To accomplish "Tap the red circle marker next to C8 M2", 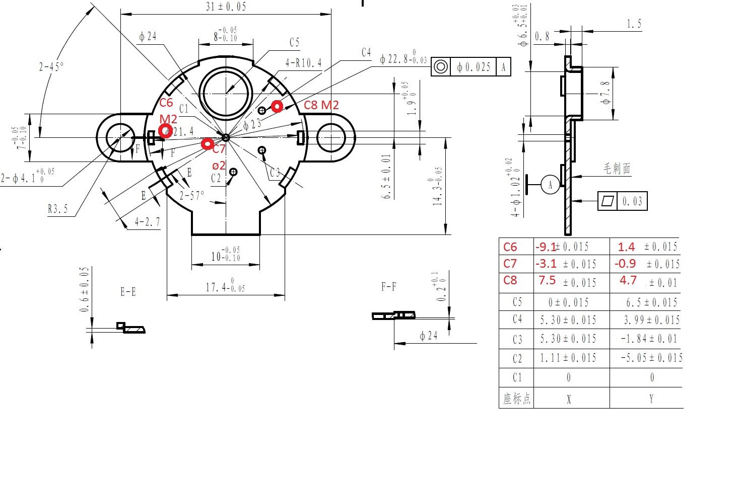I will tap(277, 106).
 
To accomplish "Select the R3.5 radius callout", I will tap(57, 209).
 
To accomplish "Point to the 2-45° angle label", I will tap(52, 66).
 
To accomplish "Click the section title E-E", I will tap(128, 291).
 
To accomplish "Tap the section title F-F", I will tap(388, 287).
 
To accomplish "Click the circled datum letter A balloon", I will tap(550, 185).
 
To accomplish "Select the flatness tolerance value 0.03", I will tap(632, 201).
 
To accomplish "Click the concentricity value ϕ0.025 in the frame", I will tap(474, 67).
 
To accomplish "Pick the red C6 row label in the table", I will tap(510, 247).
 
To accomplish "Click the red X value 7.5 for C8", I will tap(547, 280).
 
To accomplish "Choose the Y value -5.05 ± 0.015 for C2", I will tap(651, 358).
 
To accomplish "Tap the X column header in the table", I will tap(569, 399).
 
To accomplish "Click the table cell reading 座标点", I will tap(516, 399).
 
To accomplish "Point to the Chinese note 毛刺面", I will tap(617, 169).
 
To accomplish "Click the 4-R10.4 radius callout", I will tap(303, 63).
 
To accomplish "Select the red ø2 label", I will tap(219, 166).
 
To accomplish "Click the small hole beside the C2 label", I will tap(233, 172).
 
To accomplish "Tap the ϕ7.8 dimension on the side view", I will tap(607, 93).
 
